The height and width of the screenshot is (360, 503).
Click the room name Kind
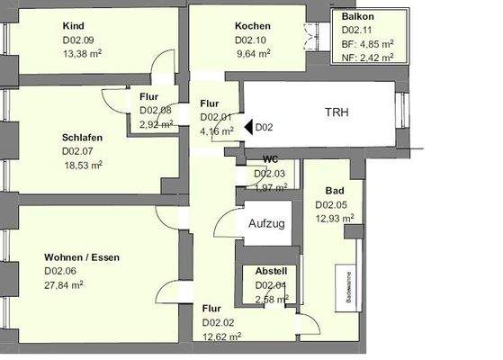pyautogui.click(x=76, y=26)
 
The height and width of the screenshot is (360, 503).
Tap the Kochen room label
pyautogui.click(x=253, y=26)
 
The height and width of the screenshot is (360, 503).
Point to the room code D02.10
pyautogui.click(x=252, y=40)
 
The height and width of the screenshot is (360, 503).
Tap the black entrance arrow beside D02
pyautogui.click(x=247, y=128)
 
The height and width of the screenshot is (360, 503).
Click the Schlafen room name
pyautogui.click(x=82, y=138)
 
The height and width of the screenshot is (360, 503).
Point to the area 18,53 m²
pyautogui.click(x=82, y=165)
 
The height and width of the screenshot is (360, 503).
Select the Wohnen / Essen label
pyautogui.click(x=82, y=257)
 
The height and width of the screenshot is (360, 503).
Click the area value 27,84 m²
pyautogui.click(x=64, y=283)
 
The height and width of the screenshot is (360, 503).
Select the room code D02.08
pyautogui.click(x=155, y=111)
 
